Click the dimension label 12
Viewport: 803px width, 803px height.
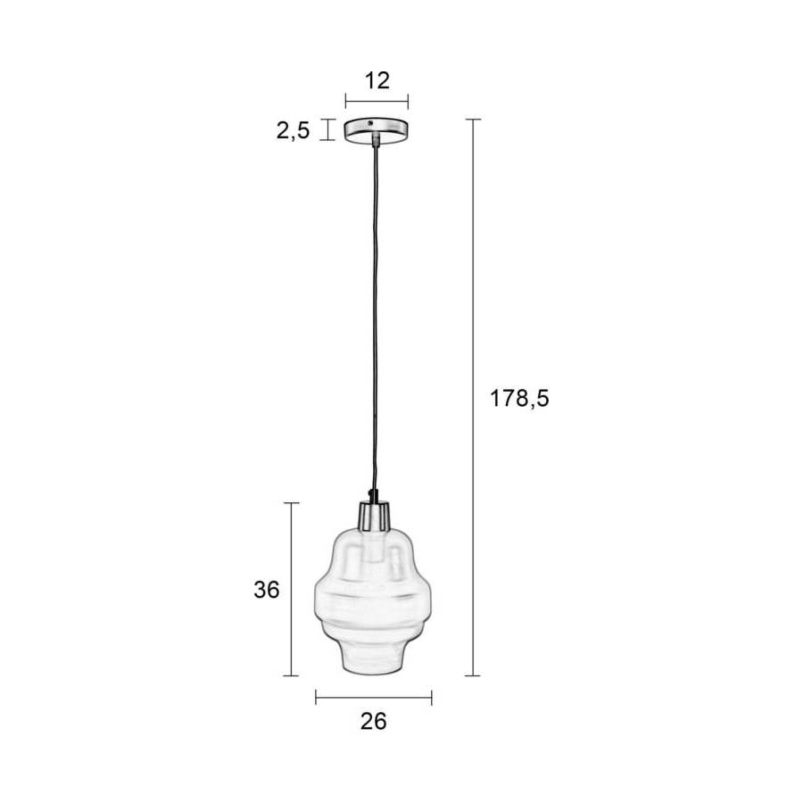click(x=377, y=81)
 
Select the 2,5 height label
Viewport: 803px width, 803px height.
click(x=293, y=131)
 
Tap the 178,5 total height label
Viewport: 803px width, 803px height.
click(x=519, y=399)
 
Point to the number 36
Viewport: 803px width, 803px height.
click(x=266, y=590)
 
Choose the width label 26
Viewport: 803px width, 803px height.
click(x=373, y=722)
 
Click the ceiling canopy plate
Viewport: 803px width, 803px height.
click(x=377, y=130)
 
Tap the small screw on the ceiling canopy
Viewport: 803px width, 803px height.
click(x=371, y=123)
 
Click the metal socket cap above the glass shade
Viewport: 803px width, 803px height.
click(x=375, y=516)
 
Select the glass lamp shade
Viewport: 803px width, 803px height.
click(x=373, y=601)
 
